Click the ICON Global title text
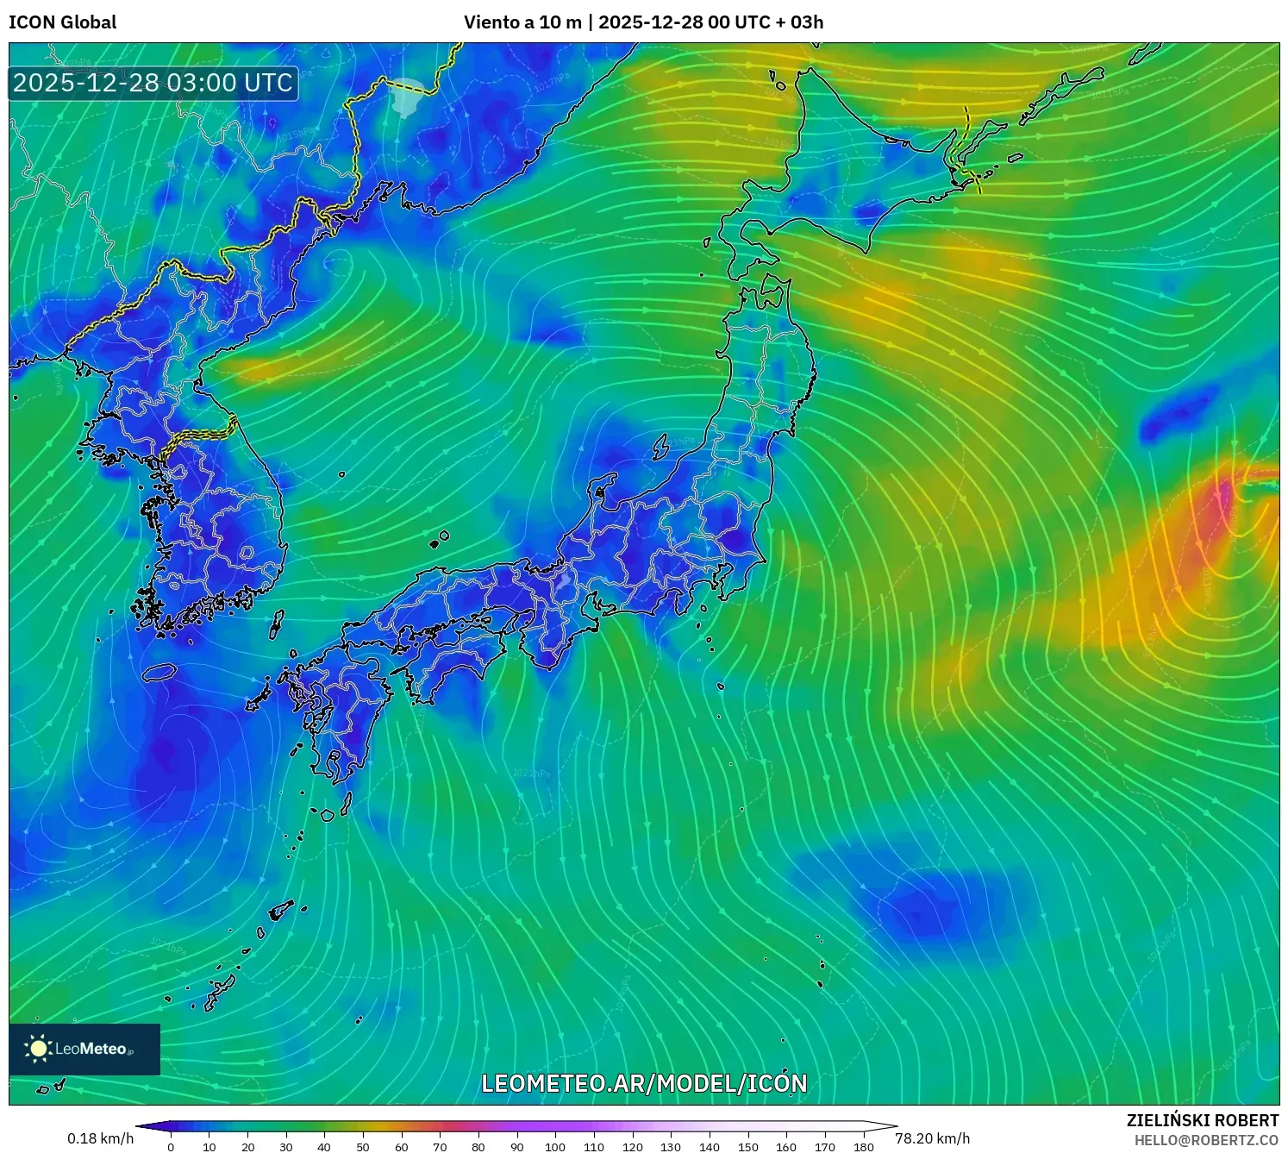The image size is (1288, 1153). [62, 22]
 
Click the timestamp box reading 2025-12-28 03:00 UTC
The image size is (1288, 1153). [153, 83]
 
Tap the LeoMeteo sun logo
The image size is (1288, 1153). [39, 1049]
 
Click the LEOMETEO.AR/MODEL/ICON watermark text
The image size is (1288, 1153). [644, 1083]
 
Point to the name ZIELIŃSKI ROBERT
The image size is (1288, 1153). [1203, 1120]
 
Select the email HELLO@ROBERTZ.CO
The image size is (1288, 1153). [1206, 1140]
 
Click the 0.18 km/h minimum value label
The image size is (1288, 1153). [100, 1138]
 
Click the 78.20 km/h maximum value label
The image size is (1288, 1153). [932, 1138]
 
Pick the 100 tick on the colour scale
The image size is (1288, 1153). [555, 1147]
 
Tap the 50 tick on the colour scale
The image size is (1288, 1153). [363, 1147]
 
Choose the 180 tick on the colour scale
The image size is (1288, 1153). [864, 1147]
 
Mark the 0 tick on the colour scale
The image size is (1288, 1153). [171, 1147]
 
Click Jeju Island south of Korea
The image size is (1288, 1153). [159, 672]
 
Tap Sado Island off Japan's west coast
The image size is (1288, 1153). [661, 447]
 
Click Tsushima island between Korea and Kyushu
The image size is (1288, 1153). [277, 623]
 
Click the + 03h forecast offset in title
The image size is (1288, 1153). [799, 22]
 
